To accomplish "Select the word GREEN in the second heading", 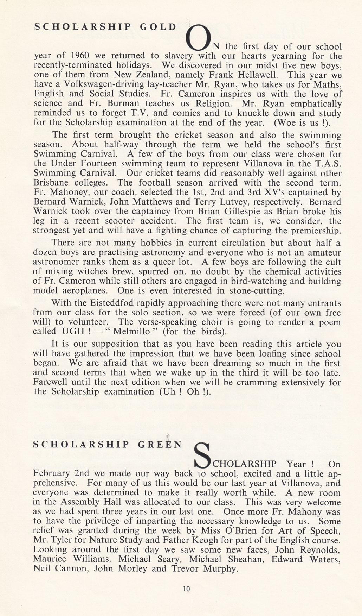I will point(160,444).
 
